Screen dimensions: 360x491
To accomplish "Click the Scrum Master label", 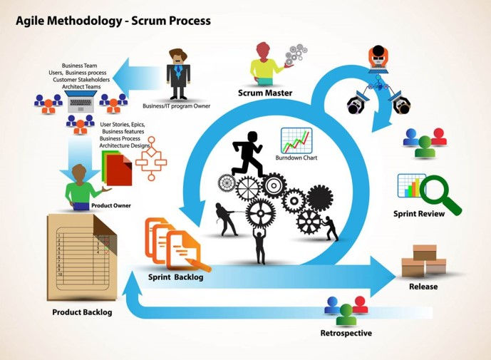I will (266, 93).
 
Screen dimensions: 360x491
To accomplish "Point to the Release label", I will (423, 287).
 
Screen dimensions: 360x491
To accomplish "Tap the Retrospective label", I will (346, 333).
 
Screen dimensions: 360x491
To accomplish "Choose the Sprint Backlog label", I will (176, 277).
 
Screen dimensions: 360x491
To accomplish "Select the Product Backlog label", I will (82, 312).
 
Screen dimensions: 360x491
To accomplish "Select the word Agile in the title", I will (31, 21).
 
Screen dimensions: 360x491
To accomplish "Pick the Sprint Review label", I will (419, 213).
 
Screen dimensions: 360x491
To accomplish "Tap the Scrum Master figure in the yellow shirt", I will (264, 61).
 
